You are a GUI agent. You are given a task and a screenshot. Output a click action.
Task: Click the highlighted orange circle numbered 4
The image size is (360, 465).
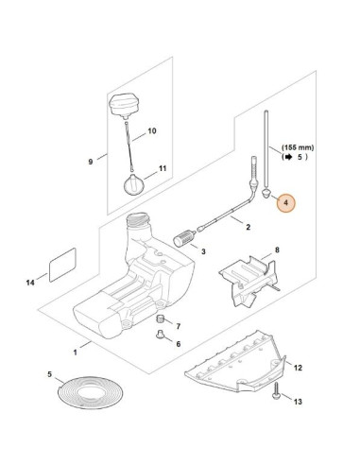tap(286, 203)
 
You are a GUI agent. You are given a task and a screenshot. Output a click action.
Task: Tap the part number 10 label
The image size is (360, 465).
tap(152, 130)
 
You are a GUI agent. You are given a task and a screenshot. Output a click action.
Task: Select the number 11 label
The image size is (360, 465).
tap(163, 168)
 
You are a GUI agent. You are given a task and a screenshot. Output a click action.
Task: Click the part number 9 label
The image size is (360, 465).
tap(91, 162)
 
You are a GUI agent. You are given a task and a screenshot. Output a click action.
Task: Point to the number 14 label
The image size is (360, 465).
tap(30, 283)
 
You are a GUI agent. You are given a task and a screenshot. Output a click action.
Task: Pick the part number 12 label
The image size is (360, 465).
tap(298, 368)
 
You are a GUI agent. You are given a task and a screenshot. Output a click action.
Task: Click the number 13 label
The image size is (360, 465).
tap(298, 402)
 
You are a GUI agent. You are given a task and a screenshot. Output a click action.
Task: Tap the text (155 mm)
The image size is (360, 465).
tap(298, 147)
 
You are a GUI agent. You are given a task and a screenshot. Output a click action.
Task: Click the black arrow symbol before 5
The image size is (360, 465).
tap(288, 157)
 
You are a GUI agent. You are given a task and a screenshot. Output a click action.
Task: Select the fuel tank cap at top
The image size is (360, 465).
tap(124, 105)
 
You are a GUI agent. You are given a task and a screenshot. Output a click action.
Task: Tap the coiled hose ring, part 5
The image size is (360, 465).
tap(91, 393)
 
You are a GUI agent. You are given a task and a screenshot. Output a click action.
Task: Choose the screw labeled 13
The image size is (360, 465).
tap(276, 390)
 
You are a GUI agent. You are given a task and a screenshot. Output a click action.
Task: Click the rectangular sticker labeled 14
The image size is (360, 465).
tap(62, 265)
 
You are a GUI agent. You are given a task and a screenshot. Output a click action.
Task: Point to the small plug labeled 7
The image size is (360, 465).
tap(161, 319)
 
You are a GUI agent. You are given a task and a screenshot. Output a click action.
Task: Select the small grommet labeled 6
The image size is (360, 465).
tap(160, 334)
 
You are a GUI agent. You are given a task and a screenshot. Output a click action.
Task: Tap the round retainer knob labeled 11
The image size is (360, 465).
tap(133, 185)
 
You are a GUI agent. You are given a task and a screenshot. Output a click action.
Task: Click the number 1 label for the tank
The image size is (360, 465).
tap(75, 353)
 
